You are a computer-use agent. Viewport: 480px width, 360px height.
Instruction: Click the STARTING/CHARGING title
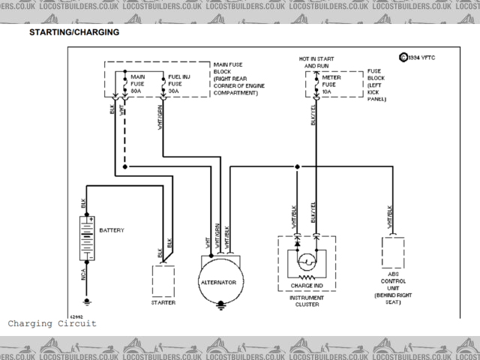pyautogui.click(x=73, y=33)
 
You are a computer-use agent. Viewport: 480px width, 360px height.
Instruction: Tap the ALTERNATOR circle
pyautogui.click(x=218, y=281)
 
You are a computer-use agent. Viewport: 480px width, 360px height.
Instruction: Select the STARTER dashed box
pyautogui.click(x=163, y=280)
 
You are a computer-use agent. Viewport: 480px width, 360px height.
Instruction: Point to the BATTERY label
pyautogui.click(x=112, y=230)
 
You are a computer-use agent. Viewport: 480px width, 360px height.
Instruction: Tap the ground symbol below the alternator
pyautogui.click(x=220, y=305)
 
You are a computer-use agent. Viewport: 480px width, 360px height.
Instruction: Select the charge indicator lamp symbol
pyautogui.click(x=307, y=262)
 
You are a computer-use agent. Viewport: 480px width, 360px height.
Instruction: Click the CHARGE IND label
pyautogui.click(x=306, y=285)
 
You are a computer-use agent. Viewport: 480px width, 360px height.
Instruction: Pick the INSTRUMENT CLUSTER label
pyautogui.click(x=306, y=301)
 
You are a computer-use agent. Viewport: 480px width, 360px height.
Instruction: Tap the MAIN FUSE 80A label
pyautogui.click(x=138, y=84)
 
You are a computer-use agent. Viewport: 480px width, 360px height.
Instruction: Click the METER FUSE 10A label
pyautogui.click(x=333, y=84)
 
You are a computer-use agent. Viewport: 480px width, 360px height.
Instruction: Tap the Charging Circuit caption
pyautogui.click(x=52, y=324)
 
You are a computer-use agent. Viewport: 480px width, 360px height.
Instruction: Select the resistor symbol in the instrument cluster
pyautogui.click(x=307, y=277)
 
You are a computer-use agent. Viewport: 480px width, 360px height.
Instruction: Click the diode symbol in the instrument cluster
pyautogui.click(x=297, y=244)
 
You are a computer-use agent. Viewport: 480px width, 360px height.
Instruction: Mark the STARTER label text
pyautogui.click(x=163, y=302)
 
